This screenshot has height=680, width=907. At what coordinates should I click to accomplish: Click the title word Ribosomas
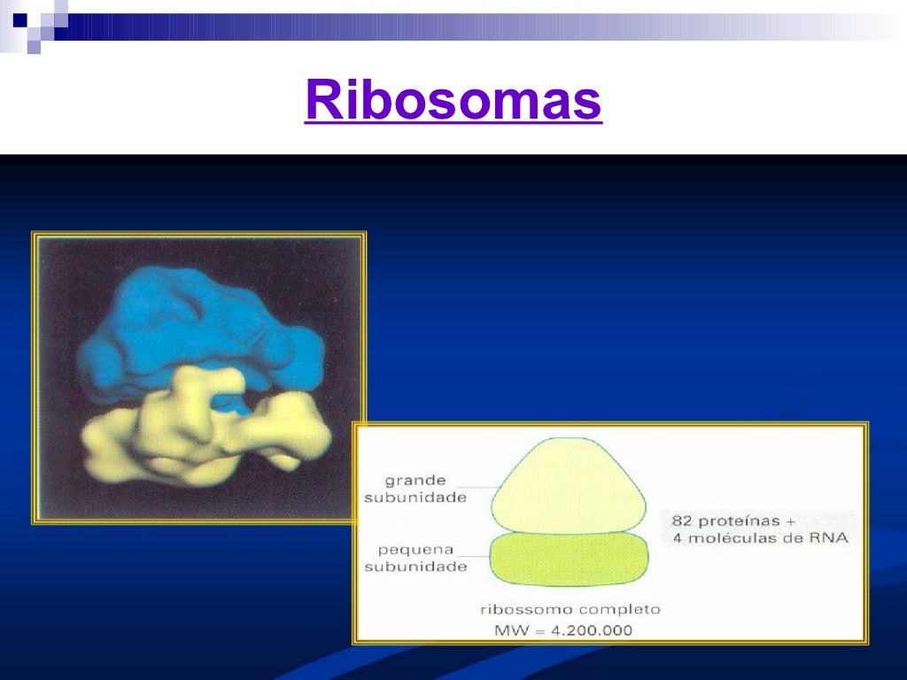[x=453, y=101]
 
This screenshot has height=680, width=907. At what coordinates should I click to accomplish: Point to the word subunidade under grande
[x=415, y=498]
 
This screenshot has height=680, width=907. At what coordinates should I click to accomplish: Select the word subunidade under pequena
[x=415, y=567]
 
